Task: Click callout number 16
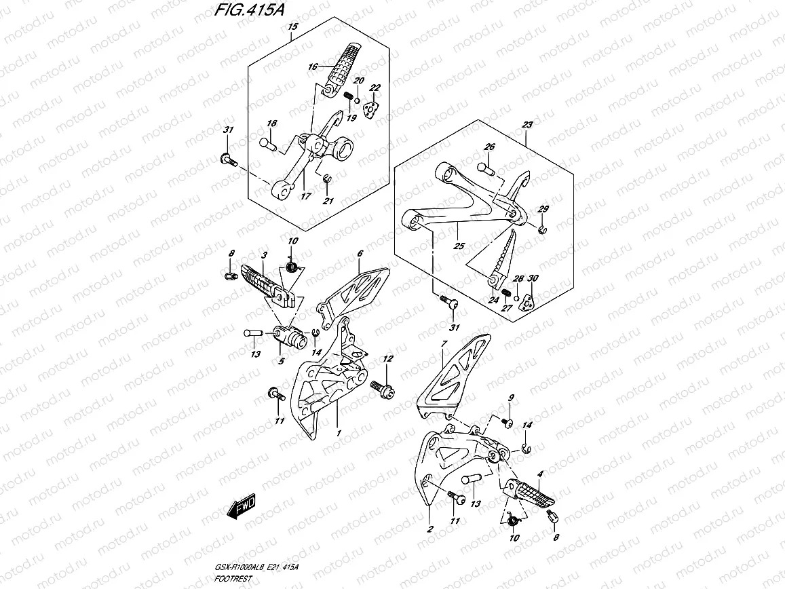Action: pos(312,66)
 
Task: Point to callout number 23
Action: pos(527,125)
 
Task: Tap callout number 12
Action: pos(388,358)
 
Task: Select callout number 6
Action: pos(360,253)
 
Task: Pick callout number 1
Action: pos(337,432)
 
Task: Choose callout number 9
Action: pos(512,398)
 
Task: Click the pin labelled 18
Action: pos(268,143)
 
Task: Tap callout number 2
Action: pos(429,529)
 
